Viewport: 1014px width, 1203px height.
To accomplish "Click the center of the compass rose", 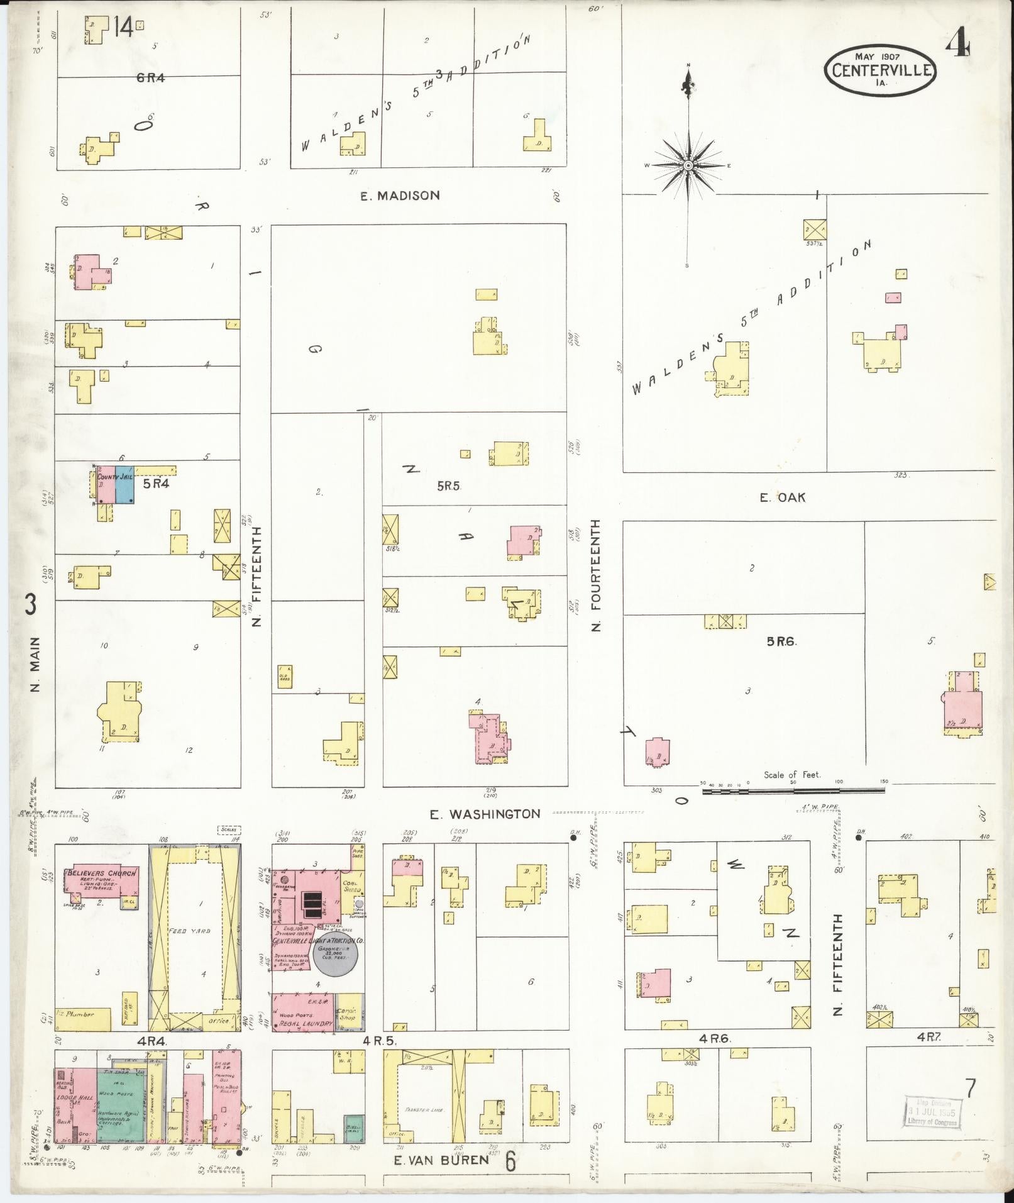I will point(688,165).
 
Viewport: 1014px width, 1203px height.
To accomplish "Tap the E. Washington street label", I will point(485,814).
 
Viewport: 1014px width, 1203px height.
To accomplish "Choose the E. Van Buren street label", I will point(441,1160).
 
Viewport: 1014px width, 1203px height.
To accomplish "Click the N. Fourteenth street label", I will point(596,575).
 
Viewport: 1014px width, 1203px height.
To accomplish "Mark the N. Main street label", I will point(36,665).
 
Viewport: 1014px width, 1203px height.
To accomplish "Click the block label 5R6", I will point(781,641).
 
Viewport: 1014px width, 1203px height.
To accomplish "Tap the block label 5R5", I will point(449,485).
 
